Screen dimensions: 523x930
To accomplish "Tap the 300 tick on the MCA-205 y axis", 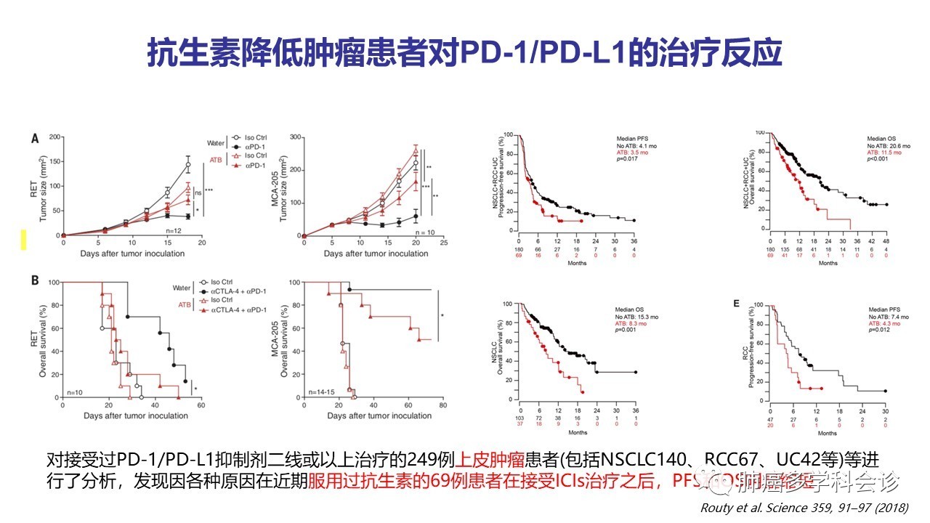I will (296, 137).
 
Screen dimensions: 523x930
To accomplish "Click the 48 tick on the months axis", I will (886, 241).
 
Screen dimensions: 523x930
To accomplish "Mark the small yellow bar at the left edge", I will (23, 239).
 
